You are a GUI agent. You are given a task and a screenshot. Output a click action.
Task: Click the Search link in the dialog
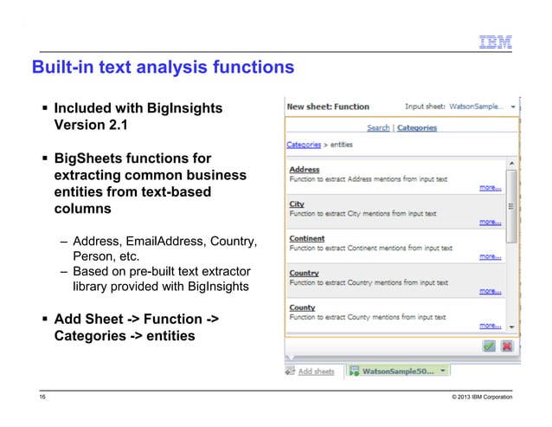pyautogui.click(x=378, y=127)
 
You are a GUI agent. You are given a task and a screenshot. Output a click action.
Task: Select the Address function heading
pyautogui.click(x=304, y=170)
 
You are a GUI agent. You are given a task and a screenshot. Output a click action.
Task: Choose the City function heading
pyautogui.click(x=296, y=204)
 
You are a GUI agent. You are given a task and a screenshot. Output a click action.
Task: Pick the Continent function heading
pyautogui.click(x=306, y=239)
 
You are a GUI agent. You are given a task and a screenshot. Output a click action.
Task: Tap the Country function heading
pyautogui.click(x=303, y=274)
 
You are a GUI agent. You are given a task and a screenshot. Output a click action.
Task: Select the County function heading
pyautogui.click(x=302, y=308)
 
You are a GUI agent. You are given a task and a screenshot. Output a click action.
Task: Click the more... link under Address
pyautogui.click(x=490, y=187)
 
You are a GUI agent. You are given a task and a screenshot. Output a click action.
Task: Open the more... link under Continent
pyautogui.click(x=490, y=256)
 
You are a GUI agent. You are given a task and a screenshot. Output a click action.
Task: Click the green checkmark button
pyautogui.click(x=489, y=346)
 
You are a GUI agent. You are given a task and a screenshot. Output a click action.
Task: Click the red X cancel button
pyautogui.click(x=506, y=346)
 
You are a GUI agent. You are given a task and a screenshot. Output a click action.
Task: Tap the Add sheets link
pyautogui.click(x=316, y=371)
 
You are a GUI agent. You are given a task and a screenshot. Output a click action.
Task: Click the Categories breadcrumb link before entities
pyautogui.click(x=304, y=145)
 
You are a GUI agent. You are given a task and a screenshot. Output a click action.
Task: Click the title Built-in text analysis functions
pyautogui.click(x=163, y=67)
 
